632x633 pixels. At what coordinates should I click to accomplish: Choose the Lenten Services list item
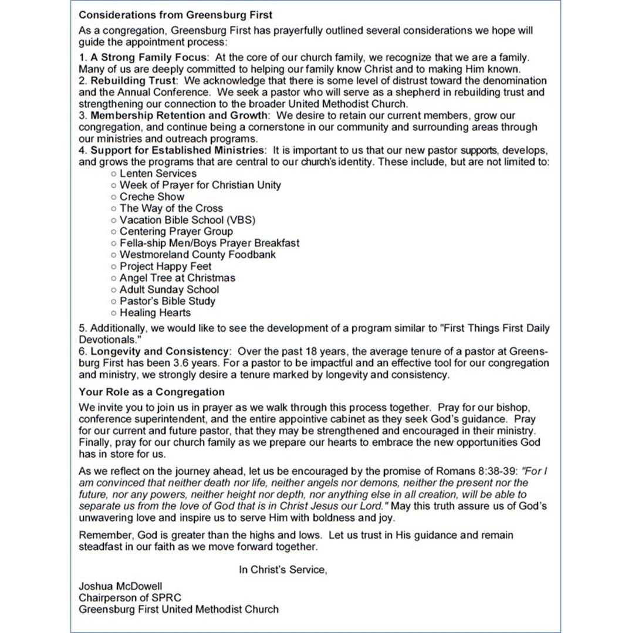[158, 174]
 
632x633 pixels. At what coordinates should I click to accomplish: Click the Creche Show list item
[151, 197]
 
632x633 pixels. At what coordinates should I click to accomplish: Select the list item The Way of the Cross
[171, 208]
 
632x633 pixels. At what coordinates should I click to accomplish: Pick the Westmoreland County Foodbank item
[197, 255]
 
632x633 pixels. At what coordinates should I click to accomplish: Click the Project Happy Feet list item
[165, 266]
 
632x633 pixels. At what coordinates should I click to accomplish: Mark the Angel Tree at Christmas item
[177, 278]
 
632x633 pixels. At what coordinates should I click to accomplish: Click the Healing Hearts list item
[155, 313]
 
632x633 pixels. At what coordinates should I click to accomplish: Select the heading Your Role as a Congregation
[151, 392]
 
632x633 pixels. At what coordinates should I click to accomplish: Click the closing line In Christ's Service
[282, 569]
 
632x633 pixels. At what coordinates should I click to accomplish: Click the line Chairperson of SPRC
[130, 597]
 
